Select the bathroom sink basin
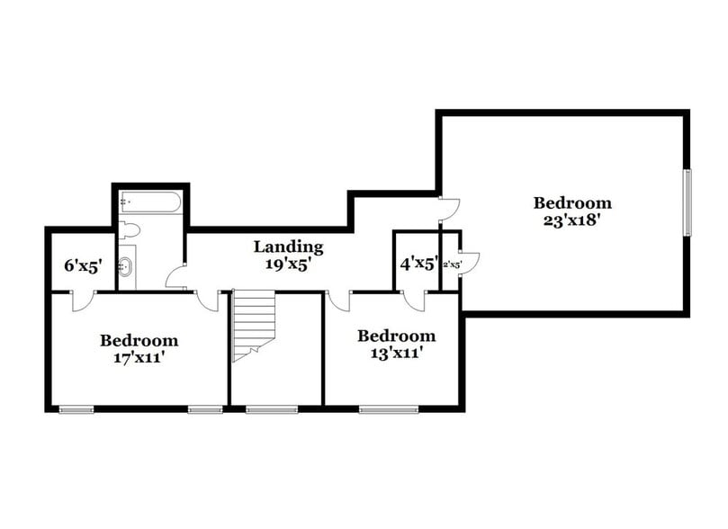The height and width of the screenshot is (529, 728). tap(127, 266)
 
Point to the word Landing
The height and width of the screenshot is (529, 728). tap(288, 247)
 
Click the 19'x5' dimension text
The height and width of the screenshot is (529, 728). tap(288, 264)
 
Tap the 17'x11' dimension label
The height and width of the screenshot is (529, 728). tap(139, 357)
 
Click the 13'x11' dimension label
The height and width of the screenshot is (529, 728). tap(396, 353)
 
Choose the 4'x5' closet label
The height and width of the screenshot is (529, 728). tap(418, 264)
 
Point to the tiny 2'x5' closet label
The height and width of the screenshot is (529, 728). tap(451, 265)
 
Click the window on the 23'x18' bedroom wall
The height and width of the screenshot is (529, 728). tap(687, 202)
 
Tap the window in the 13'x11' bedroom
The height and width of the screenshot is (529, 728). tap(376, 409)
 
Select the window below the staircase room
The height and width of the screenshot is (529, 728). tap(259, 409)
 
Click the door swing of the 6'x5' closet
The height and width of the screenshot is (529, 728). tap(80, 300)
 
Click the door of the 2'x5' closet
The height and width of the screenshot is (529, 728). tap(469, 263)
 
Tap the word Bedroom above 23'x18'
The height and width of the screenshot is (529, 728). tap(571, 203)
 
